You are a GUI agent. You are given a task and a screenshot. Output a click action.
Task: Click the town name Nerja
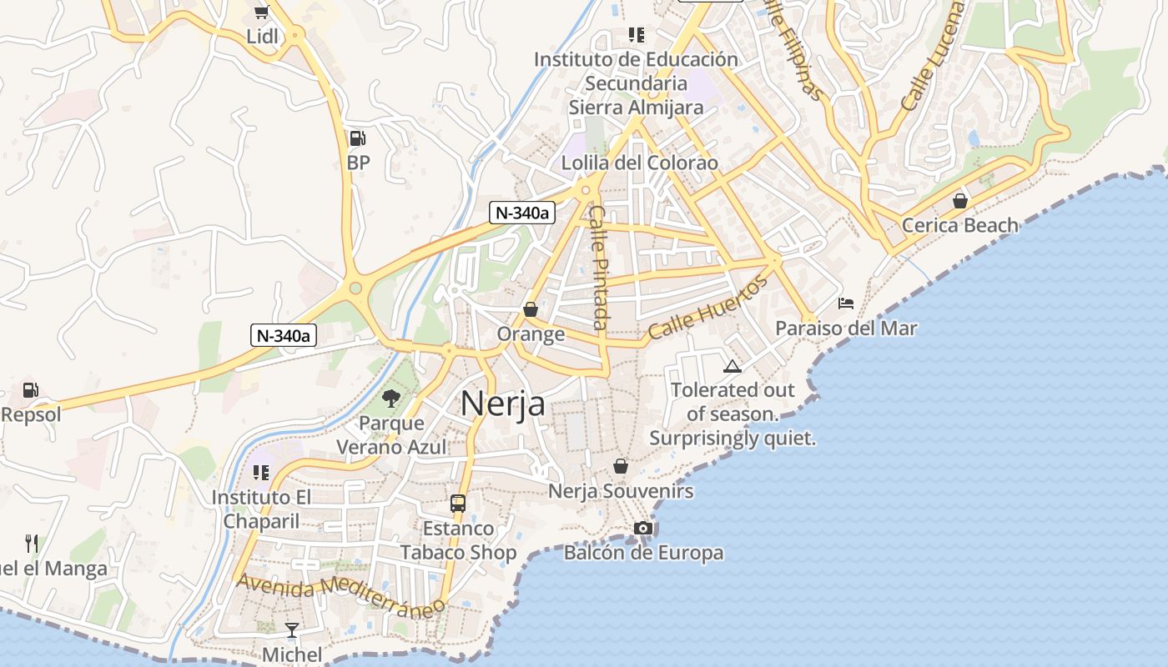coord(502,404)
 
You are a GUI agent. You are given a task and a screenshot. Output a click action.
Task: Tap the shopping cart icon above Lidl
coord(262,11)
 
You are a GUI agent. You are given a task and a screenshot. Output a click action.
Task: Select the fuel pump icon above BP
coord(357,138)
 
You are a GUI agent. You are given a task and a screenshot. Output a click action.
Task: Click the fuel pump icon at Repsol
coord(30,389)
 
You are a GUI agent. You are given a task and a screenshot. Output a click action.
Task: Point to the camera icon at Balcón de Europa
coord(643,528)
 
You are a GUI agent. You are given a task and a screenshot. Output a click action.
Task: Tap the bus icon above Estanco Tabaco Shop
coord(458,503)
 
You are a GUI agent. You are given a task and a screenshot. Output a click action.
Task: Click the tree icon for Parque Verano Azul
coord(390,399)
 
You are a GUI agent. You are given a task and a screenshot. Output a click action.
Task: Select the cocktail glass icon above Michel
coord(292,629)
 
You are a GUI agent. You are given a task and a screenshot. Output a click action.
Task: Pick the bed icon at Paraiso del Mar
coord(846,303)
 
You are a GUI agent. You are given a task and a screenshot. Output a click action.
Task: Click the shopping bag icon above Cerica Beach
coord(960,201)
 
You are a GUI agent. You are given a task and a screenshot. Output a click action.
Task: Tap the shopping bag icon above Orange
coord(531,310)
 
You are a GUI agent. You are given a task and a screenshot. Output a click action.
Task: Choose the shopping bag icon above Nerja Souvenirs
coord(621,466)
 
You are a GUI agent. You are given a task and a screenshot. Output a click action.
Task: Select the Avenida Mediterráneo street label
coord(340,594)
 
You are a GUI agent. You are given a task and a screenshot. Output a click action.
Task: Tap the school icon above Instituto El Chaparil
coord(261,473)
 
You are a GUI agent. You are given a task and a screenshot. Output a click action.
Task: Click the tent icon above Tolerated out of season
coord(732,366)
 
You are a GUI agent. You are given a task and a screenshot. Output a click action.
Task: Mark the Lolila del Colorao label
coord(639,163)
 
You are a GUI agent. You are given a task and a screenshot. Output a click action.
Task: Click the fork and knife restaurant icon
coord(32,544)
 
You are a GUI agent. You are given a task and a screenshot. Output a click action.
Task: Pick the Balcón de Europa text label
coord(643,553)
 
